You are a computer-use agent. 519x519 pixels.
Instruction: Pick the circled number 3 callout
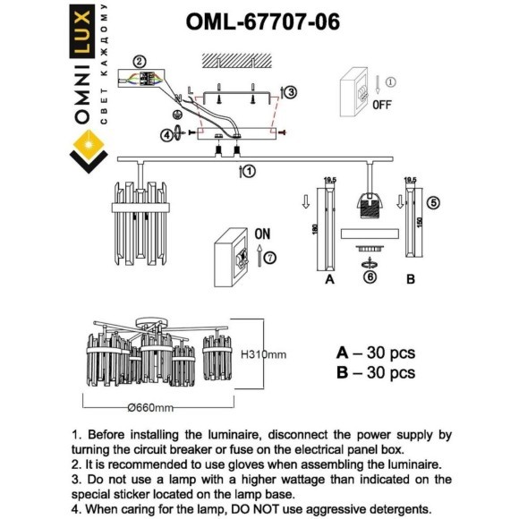click(x=290, y=91)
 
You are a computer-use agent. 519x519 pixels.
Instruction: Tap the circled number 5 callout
click(x=434, y=202)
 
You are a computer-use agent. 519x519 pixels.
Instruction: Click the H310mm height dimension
click(x=263, y=355)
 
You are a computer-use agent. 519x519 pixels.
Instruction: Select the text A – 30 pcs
click(x=375, y=353)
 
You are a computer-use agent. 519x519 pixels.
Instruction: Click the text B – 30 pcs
click(x=375, y=372)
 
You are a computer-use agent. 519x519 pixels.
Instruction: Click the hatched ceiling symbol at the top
click(x=235, y=61)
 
